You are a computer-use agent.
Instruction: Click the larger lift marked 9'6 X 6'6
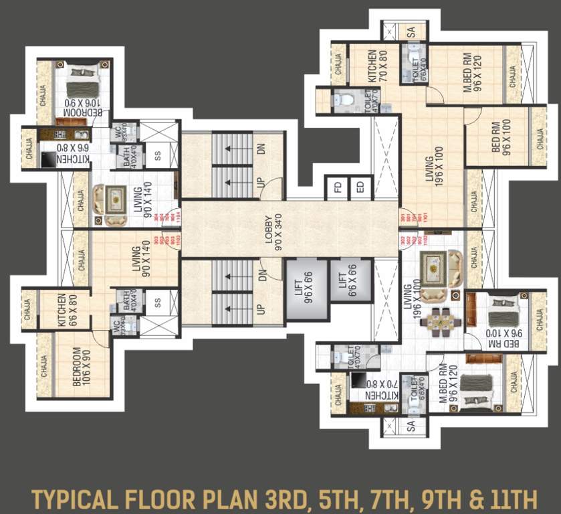point(306,289)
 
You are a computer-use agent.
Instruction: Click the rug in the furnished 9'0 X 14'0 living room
point(116,199)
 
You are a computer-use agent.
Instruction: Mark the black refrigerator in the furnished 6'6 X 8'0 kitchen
point(49,159)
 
